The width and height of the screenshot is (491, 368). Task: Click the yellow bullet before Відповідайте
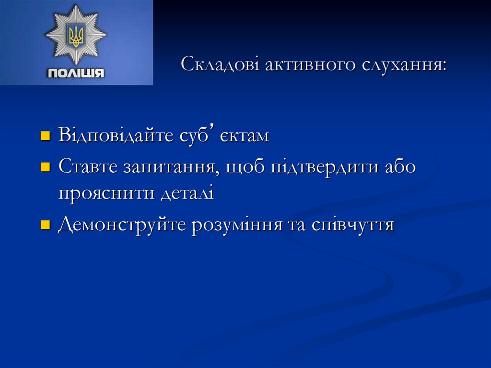point(45,136)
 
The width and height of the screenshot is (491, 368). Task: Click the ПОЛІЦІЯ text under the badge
point(75,73)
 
